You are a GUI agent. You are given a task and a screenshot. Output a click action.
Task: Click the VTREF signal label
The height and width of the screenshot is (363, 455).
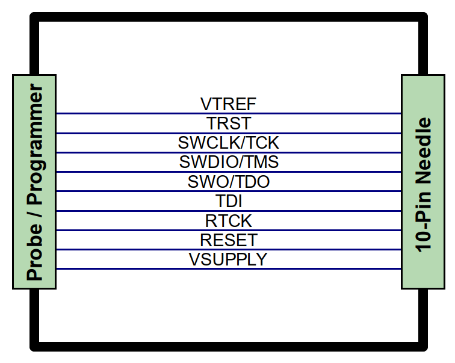pyautogui.click(x=228, y=104)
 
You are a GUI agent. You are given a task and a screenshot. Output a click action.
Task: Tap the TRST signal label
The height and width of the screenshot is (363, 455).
pyautogui.click(x=228, y=123)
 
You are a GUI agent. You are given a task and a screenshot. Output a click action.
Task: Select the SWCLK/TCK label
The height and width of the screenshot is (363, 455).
pyautogui.click(x=228, y=143)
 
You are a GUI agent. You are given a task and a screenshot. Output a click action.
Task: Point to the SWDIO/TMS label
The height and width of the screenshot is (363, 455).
pyautogui.click(x=229, y=162)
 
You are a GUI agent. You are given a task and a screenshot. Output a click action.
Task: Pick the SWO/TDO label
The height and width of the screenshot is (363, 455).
pyautogui.click(x=228, y=182)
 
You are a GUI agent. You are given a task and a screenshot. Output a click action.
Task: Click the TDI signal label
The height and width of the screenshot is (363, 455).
pyautogui.click(x=228, y=201)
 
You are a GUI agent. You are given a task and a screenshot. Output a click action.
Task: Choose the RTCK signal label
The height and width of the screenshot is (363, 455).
pyautogui.click(x=228, y=221)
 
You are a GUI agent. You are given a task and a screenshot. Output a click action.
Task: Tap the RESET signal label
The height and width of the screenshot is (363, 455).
pyautogui.click(x=228, y=240)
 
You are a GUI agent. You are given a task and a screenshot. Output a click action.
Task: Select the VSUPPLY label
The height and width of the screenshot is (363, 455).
pyautogui.click(x=227, y=259)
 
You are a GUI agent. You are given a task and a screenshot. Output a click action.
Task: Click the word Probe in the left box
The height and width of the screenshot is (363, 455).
pyautogui.click(x=34, y=252)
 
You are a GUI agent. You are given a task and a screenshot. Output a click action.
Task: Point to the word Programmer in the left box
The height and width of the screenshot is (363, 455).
pyautogui.click(x=34, y=144)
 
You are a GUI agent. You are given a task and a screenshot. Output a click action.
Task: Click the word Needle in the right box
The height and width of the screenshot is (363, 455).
pyautogui.click(x=423, y=150)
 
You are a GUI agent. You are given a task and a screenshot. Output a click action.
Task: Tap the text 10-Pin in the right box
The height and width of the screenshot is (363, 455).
pyautogui.click(x=423, y=221)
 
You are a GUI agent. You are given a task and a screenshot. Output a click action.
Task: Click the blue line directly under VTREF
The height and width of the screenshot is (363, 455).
pyautogui.click(x=228, y=113)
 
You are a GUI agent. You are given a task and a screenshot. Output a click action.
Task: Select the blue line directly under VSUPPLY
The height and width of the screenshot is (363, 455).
pyautogui.click(x=228, y=269)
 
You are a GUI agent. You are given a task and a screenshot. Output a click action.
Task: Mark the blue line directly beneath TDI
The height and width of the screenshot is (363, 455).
pyautogui.click(x=228, y=211)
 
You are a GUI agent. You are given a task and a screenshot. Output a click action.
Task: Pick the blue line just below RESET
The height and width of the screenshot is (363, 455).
pyautogui.click(x=228, y=250)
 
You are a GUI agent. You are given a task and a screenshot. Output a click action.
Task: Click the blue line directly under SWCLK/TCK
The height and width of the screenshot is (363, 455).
pyautogui.click(x=228, y=152)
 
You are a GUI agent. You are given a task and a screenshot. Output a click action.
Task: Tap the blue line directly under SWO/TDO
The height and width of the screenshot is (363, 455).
pyautogui.click(x=228, y=191)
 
